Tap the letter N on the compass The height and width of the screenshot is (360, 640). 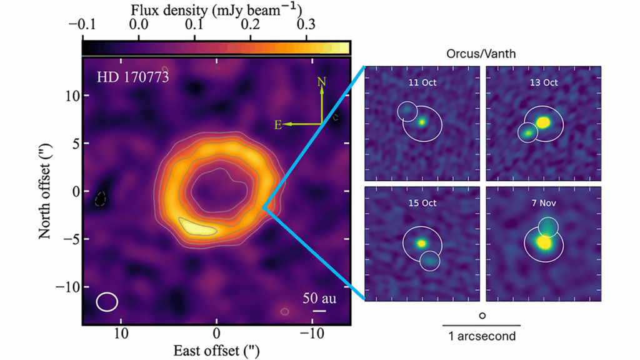click(321, 81)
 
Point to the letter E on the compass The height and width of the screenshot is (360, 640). click(277, 125)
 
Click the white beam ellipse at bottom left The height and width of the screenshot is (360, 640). click(107, 301)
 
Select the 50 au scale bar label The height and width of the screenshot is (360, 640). click(319, 298)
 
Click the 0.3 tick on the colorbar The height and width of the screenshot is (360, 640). click(306, 25)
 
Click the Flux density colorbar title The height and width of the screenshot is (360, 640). click(216, 9)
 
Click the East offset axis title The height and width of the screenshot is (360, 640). click(216, 351)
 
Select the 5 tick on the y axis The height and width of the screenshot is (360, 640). click(74, 143)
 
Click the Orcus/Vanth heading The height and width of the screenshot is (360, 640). click(481, 54)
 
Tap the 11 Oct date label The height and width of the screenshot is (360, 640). click(422, 82)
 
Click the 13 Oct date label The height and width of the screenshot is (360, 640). click(542, 82)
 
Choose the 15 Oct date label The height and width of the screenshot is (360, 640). click(422, 203)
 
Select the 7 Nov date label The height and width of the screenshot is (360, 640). click(542, 203)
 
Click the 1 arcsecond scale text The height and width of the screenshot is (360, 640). click(482, 336)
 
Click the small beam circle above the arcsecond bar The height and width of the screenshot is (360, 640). click(482, 316)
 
